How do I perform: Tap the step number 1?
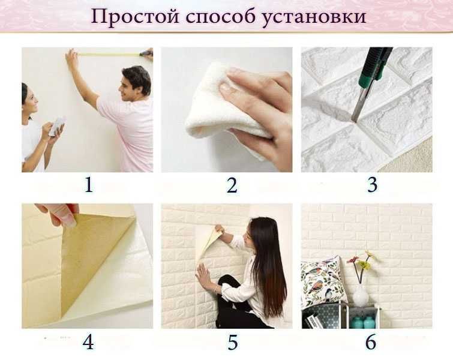tap(89, 185)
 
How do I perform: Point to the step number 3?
tap(372, 185)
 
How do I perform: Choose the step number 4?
tap(88, 342)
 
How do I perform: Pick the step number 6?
tap(370, 343)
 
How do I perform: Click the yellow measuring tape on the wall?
tap(108, 55)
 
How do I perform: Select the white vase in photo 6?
tap(360, 295)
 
